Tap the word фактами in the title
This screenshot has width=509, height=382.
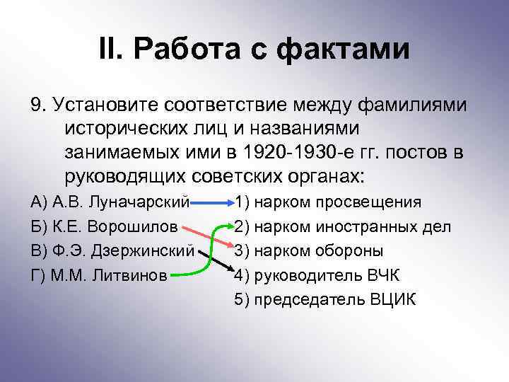click(x=343, y=50)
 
